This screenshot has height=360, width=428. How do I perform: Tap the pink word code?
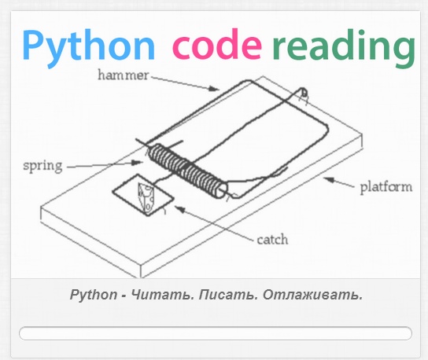tap(216, 44)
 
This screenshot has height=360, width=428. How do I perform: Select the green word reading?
tap(344, 48)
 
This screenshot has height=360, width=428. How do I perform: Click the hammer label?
tap(124, 75)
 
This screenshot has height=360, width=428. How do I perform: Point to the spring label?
tap(42, 166)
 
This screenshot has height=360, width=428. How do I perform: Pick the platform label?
tap(386, 188)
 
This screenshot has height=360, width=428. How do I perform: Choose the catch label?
tap(272, 240)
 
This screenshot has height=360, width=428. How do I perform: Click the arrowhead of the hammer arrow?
tap(214, 88)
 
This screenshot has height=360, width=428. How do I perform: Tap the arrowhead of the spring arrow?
tap(138, 163)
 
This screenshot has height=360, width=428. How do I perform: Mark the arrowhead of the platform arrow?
tap(329, 180)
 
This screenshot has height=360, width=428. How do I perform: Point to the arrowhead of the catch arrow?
tap(180, 209)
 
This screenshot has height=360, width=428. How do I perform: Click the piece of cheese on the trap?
tap(146, 197)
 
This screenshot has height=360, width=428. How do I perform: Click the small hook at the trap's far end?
tap(304, 94)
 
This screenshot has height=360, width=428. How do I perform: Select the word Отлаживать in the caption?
tap(312, 295)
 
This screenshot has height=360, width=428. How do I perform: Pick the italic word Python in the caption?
tap(94, 295)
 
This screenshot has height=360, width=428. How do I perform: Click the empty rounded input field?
tap(216, 333)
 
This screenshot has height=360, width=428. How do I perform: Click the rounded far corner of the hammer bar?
tap(327, 127)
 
